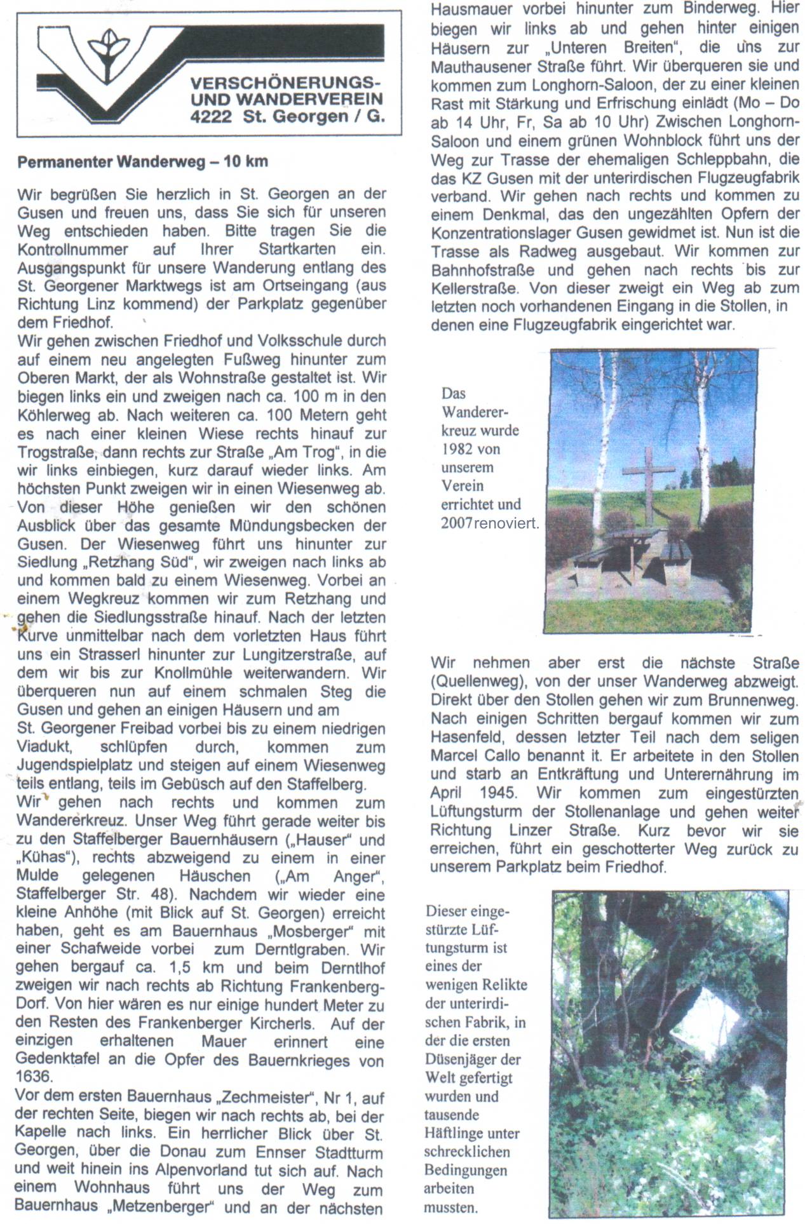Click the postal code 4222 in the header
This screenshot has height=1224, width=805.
pos(211,116)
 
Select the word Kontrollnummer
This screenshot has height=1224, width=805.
pos(72,249)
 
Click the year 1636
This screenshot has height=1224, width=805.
pos(34,1077)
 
